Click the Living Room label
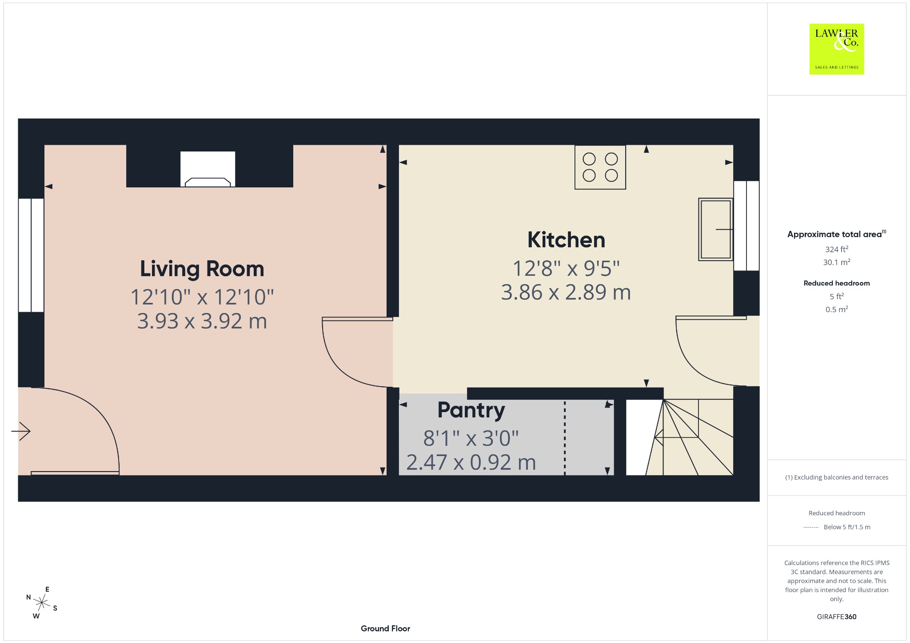(202, 269)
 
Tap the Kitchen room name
(566, 240)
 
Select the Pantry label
(471, 411)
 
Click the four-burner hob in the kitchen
(600, 167)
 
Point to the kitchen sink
(715, 229)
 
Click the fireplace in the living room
(208, 169)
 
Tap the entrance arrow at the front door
(21, 431)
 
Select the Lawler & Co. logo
(837, 49)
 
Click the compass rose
(42, 603)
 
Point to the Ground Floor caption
(385, 628)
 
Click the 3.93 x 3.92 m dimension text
(202, 321)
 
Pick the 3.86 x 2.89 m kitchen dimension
(566, 292)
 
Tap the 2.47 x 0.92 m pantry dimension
(471, 462)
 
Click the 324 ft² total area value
(837, 249)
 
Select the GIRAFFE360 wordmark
(837, 617)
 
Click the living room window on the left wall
(31, 255)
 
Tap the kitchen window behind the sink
(746, 226)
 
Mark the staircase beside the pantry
(680, 437)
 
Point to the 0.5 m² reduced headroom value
(837, 309)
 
